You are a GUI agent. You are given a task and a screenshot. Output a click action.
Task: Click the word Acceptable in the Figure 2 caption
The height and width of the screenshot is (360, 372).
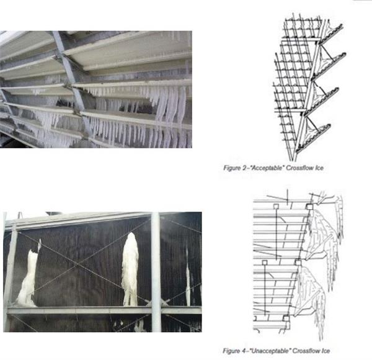(x=267, y=168)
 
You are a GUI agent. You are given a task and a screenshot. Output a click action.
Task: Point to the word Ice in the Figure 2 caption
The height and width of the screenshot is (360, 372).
(x=319, y=168)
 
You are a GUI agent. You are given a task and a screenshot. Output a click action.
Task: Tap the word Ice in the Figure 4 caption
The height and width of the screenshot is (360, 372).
(x=325, y=351)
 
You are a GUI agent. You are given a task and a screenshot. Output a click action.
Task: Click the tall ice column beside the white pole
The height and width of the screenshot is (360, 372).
(x=130, y=269)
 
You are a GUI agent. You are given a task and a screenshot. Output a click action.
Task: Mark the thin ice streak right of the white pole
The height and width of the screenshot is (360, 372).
(x=188, y=277)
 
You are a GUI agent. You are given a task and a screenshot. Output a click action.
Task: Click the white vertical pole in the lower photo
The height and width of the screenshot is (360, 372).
(x=156, y=272)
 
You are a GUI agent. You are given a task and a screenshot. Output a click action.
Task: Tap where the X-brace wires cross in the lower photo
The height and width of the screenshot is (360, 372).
(x=78, y=263)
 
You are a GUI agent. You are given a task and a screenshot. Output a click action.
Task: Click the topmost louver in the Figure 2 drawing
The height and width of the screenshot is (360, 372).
(x=330, y=34)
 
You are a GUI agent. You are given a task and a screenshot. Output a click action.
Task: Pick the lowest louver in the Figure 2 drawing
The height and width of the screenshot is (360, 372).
(x=312, y=138)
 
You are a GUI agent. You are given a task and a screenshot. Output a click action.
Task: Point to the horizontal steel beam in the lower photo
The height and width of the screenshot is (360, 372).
(x=104, y=310)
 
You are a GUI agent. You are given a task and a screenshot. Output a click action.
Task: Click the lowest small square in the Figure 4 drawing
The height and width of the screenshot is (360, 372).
(x=286, y=318)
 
